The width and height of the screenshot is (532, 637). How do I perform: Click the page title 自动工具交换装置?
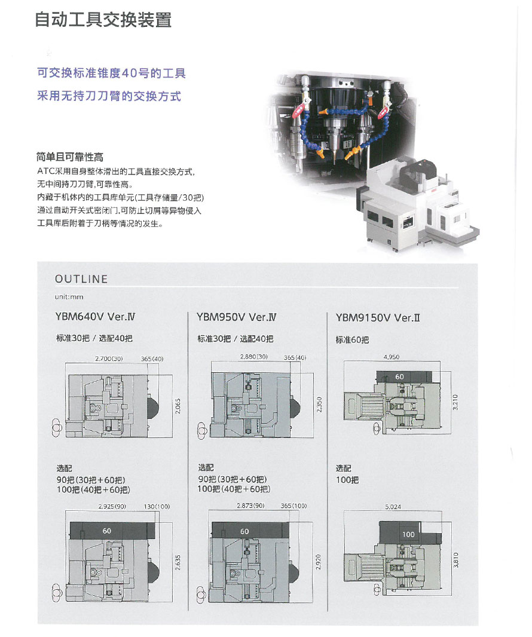click(103, 20)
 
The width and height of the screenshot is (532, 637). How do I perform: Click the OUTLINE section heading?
click(81, 279)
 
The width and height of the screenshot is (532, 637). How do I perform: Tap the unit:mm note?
click(69, 296)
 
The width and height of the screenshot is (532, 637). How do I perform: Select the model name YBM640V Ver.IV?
click(95, 317)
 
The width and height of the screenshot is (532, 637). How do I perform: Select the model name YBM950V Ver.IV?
click(237, 317)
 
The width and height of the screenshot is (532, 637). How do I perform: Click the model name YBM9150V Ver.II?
click(378, 318)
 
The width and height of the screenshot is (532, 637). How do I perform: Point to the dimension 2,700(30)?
click(109, 359)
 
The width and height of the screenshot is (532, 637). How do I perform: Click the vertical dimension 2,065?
click(178, 406)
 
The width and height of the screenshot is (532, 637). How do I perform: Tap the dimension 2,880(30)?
click(253, 357)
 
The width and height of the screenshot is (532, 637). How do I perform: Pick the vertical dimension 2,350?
click(319, 405)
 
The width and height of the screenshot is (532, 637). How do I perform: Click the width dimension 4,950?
click(392, 357)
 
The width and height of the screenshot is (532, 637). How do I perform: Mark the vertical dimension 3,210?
click(455, 402)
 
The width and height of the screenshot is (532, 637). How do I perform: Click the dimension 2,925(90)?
click(112, 507)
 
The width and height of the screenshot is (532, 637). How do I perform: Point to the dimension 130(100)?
click(157, 507)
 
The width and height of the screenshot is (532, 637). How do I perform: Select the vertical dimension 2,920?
click(318, 562)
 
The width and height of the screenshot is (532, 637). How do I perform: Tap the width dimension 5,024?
click(393, 507)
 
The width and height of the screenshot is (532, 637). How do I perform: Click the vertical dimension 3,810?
click(455, 560)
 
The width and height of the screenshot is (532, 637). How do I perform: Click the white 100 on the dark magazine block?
click(408, 535)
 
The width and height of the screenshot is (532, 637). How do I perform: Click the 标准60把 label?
click(352, 339)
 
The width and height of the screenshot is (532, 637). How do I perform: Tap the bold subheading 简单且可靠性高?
click(70, 157)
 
